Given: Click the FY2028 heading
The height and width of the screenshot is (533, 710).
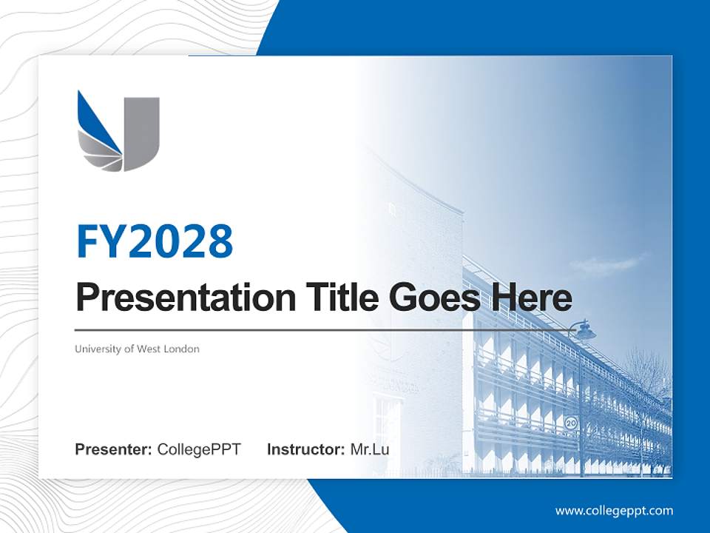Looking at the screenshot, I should tap(155, 242).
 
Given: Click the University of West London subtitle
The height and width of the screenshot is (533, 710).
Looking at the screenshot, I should tap(137, 349).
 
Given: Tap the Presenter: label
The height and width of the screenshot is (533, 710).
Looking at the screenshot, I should tap(113, 449).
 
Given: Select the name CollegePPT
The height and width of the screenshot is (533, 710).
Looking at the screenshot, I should tap(199, 449).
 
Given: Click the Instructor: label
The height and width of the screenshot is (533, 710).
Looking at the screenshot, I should tap(305, 449).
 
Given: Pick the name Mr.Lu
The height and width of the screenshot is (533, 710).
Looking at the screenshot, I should tap(370, 449).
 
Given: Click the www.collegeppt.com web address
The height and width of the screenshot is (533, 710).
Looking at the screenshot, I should tap(614, 510).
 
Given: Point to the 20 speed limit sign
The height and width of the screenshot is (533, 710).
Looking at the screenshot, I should tap(571, 423).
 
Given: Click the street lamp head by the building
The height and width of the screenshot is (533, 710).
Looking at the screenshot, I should tap(584, 332).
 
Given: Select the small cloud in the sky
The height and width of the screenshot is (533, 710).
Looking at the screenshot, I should tap(606, 264).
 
